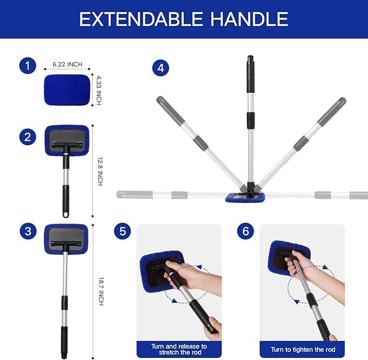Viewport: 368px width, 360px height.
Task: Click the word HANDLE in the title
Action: [x=247, y=19]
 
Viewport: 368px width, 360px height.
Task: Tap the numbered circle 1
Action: [x=27, y=67]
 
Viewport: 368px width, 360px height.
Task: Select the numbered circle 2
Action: [x=27, y=137]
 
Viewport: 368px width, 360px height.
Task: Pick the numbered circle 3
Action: [x=27, y=232]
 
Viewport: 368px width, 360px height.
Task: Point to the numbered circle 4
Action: [x=160, y=68]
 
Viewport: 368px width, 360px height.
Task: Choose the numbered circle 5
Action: [x=122, y=232]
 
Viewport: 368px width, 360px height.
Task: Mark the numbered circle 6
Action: [x=246, y=232]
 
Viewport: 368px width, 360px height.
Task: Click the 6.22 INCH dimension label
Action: [x=68, y=64]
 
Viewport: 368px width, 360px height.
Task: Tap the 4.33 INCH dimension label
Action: [x=99, y=90]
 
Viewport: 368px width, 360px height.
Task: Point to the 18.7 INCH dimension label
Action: [x=100, y=291]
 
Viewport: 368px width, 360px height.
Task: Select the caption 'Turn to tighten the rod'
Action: [x=302, y=349]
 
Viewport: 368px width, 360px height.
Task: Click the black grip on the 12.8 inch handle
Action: [x=66, y=199]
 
